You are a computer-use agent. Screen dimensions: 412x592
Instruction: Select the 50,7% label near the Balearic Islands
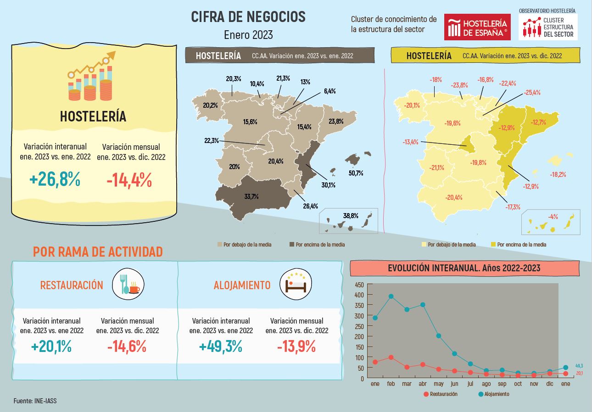(356, 173)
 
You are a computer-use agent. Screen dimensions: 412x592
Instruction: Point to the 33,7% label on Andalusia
(251, 197)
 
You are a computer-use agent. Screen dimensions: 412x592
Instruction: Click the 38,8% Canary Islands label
(351, 215)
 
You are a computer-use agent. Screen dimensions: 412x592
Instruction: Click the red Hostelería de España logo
(477, 27)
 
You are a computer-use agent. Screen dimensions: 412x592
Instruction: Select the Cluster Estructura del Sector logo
(548, 27)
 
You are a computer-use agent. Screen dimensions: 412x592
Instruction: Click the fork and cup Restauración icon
(128, 284)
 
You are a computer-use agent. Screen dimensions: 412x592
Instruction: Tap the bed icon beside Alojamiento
(296, 284)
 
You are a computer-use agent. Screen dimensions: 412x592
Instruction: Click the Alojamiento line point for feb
(391, 296)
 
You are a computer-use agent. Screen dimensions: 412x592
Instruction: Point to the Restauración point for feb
(391, 357)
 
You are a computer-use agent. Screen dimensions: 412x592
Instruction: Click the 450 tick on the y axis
(359, 285)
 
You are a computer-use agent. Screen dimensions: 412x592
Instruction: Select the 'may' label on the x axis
(439, 384)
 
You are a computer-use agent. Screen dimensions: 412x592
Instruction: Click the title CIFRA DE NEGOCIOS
(248, 17)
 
